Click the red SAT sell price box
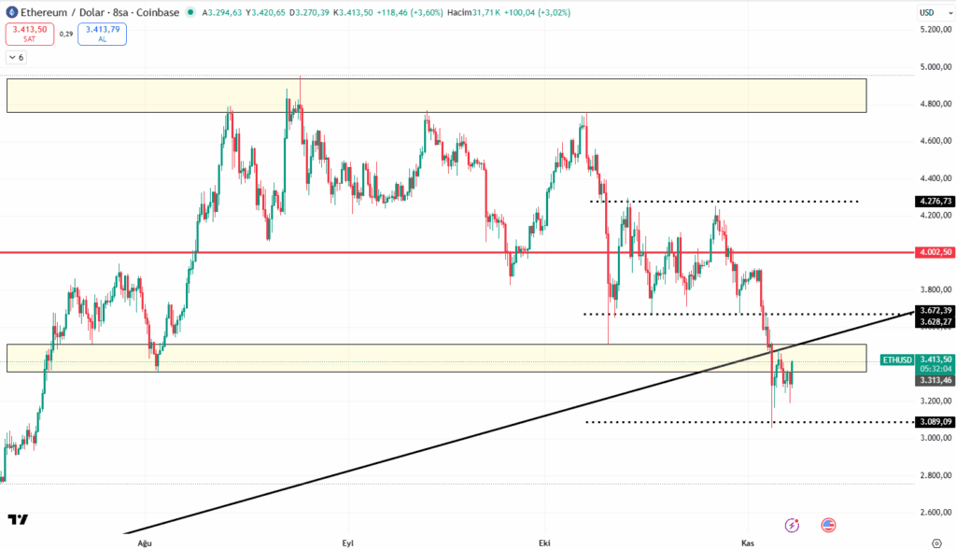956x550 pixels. coord(29,34)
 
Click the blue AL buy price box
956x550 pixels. coord(102,34)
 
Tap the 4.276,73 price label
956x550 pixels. coord(935,201)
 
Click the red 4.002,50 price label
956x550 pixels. coord(935,252)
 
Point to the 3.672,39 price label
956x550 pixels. coord(935,310)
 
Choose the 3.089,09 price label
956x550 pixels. coord(935,422)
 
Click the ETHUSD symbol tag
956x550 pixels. coord(896,360)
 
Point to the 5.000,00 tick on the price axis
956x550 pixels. coord(934,67)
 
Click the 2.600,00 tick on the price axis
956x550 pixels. coord(934,513)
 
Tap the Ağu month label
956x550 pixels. coord(144,543)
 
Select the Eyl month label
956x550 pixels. coord(348,543)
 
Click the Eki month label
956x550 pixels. coord(545,543)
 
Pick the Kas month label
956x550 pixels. coord(747,543)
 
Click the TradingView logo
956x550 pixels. coord(17,520)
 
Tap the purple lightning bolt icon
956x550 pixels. coord(793,525)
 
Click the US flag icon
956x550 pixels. coord(828,525)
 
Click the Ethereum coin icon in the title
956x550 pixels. coord(11,13)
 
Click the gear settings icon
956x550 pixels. coord(936,543)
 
